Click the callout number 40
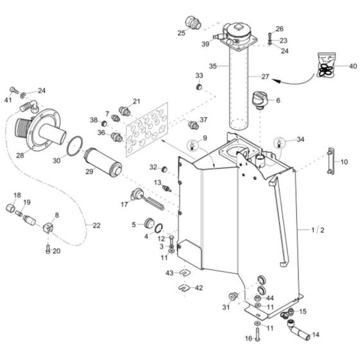click(352, 66)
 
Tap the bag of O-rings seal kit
click(327, 66)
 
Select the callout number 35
click(213, 66)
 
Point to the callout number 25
click(181, 33)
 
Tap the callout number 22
click(97, 224)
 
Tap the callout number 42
click(199, 287)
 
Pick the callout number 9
click(204, 138)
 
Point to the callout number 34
click(300, 139)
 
